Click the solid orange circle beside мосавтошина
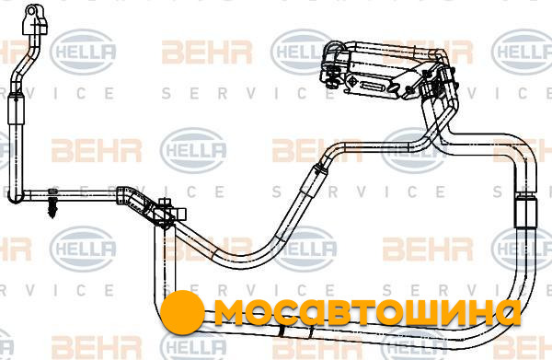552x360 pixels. (x=182, y=312)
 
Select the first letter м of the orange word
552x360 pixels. (x=229, y=312)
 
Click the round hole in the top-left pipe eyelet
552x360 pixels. (x=31, y=11)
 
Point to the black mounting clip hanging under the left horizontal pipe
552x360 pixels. (x=53, y=207)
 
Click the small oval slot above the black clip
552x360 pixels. (x=52, y=192)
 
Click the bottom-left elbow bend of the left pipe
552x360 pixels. (x=15, y=196)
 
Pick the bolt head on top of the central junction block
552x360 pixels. (x=165, y=203)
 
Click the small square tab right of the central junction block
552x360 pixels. (x=180, y=214)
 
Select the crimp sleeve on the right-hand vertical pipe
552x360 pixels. (x=525, y=212)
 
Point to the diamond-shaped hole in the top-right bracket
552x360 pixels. (x=352, y=81)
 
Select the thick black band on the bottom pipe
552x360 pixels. (x=282, y=331)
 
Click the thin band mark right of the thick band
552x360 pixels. (x=311, y=331)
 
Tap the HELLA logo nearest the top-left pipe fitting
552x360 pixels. (x=84, y=52)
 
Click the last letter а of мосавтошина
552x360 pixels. (x=507, y=312)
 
